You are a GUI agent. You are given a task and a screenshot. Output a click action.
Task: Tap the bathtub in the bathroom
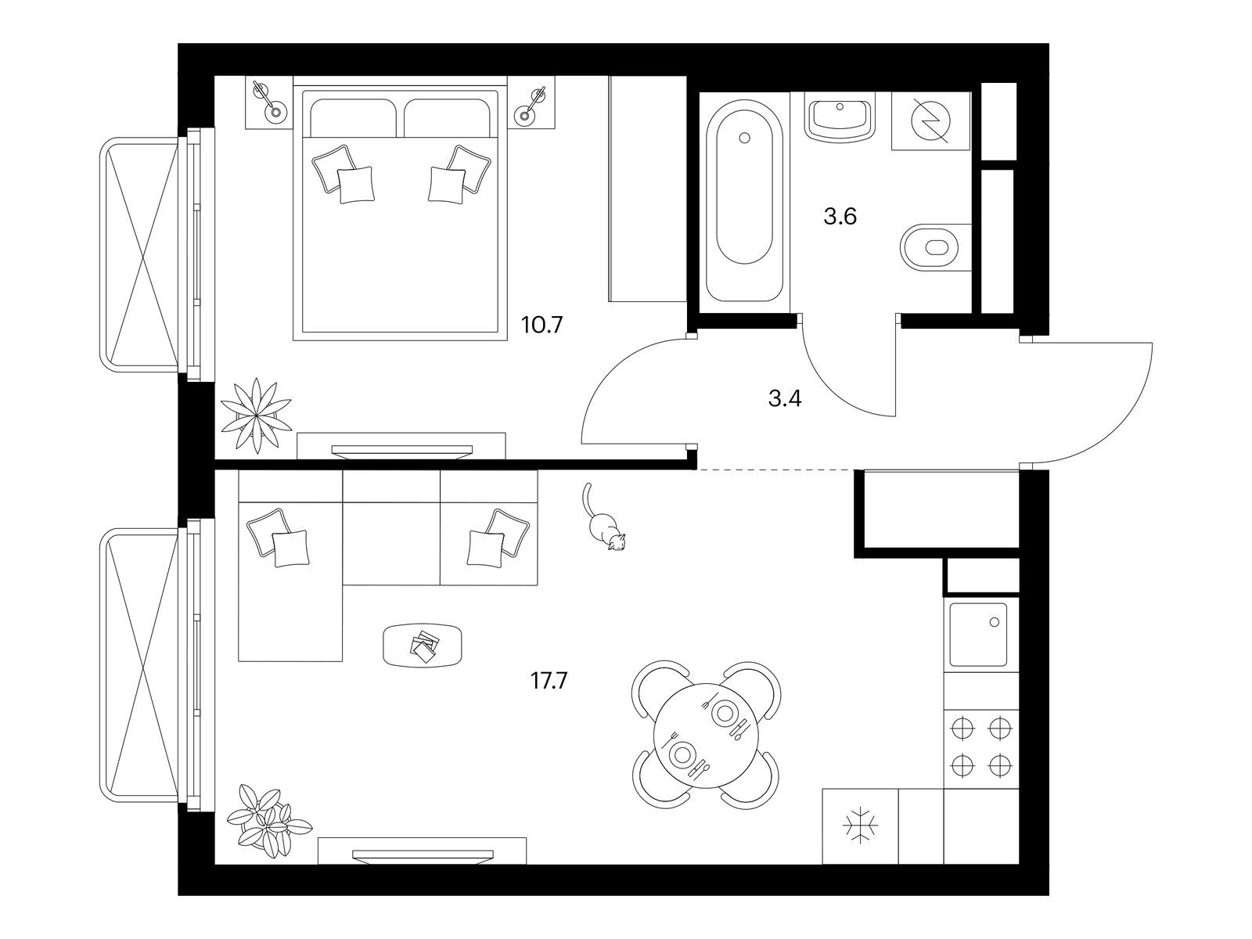[744, 200]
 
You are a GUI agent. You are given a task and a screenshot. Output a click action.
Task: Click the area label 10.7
[541, 326]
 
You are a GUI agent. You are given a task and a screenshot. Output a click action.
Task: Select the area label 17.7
[549, 681]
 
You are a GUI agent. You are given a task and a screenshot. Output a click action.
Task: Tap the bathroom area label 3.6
[840, 217]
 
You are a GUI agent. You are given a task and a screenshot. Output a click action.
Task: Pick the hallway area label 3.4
[785, 399]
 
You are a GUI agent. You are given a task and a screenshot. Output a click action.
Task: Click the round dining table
[706, 736]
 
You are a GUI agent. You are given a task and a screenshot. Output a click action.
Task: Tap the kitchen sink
[978, 635]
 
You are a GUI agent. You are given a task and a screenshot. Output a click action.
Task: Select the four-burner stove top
[981, 749]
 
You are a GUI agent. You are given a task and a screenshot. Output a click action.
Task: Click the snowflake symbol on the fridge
[860, 825]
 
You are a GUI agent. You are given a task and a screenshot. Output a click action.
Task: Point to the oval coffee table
[423, 645]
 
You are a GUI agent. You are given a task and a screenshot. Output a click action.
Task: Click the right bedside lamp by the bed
[531, 105]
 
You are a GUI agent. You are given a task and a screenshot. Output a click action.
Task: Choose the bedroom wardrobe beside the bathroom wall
[647, 189]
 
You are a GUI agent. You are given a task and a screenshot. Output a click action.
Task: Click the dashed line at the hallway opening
[776, 469]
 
